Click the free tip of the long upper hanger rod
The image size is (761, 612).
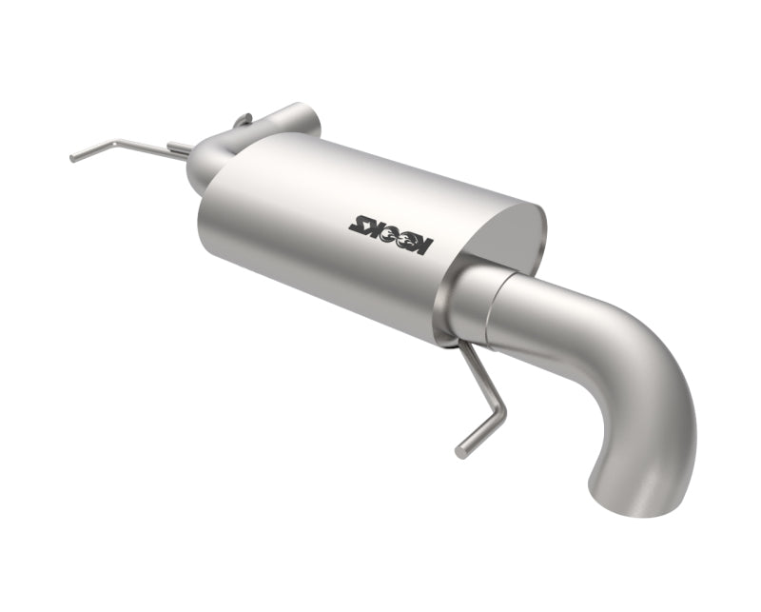pyautogui.click(x=72, y=158)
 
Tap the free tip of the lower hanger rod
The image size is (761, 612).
pyautogui.click(x=461, y=451)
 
